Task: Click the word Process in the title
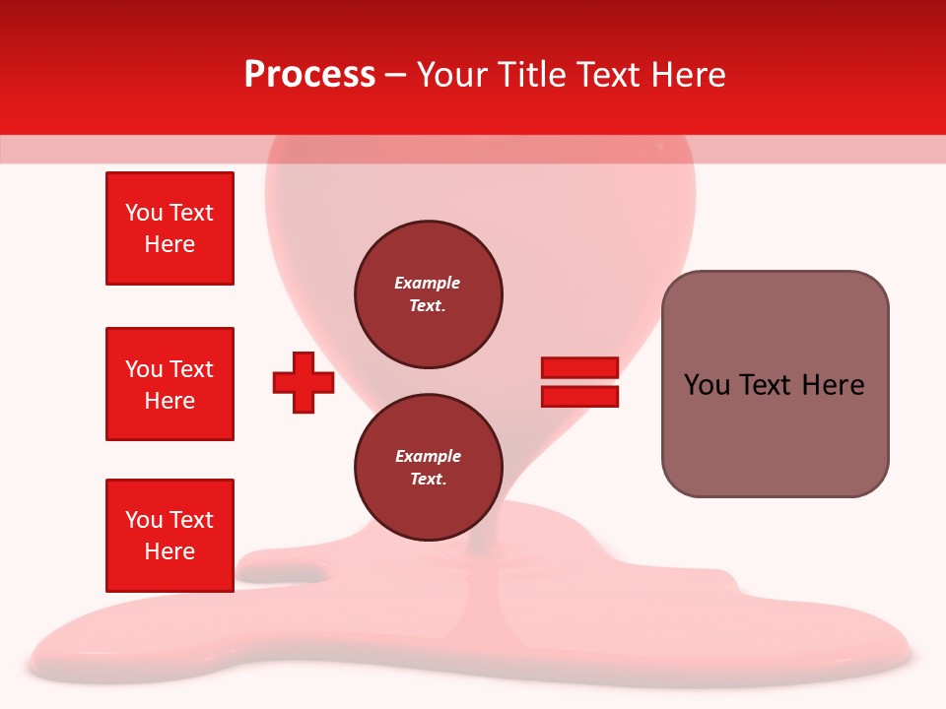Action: [x=309, y=75]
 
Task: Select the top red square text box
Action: [x=169, y=228]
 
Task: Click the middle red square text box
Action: [x=169, y=384]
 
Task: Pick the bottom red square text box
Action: [x=169, y=536]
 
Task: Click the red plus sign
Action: [x=304, y=382]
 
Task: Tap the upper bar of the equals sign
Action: [x=579, y=367]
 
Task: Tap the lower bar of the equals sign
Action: [x=579, y=396]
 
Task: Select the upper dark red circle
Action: [x=428, y=293]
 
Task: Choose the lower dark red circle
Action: [x=428, y=467]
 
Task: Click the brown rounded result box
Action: [x=775, y=384]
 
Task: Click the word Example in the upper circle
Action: [x=428, y=283]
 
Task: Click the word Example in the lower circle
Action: [x=428, y=456]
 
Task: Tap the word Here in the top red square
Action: [x=169, y=244]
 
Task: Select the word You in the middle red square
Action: [x=144, y=369]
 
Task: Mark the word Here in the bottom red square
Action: [x=169, y=551]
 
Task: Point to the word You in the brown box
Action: [x=707, y=385]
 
